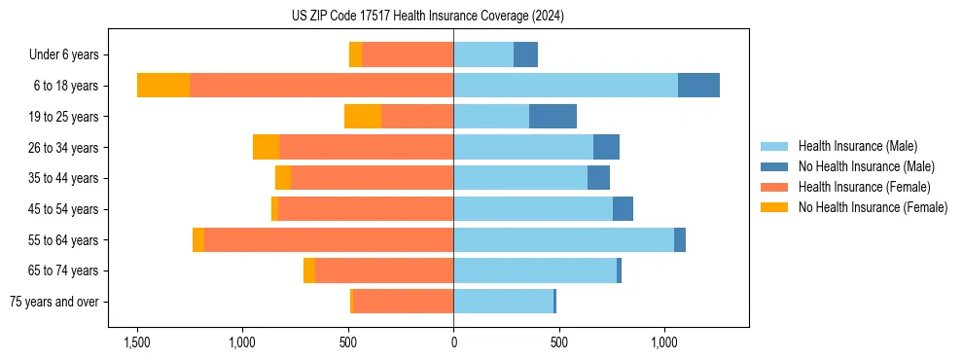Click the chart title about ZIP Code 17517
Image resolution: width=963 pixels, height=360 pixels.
click(427, 17)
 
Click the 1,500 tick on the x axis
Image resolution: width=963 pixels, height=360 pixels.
click(137, 343)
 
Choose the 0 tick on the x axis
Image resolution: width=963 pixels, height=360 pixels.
click(453, 343)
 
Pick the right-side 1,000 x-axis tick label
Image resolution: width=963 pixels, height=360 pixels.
click(664, 343)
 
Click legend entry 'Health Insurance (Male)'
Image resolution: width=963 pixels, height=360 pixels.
click(857, 147)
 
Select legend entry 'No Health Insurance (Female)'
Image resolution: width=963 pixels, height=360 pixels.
click(873, 207)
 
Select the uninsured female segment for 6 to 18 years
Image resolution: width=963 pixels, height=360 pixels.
click(163, 86)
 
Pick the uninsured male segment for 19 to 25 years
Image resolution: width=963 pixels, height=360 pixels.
click(553, 117)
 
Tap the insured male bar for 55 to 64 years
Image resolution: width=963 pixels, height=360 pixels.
click(563, 239)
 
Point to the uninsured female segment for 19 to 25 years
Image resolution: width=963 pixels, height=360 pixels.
click(363, 117)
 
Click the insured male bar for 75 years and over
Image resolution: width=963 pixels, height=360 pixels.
click(503, 302)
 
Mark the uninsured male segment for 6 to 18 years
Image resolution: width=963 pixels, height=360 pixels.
click(698, 86)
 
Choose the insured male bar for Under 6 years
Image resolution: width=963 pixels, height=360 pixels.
click(483, 55)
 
